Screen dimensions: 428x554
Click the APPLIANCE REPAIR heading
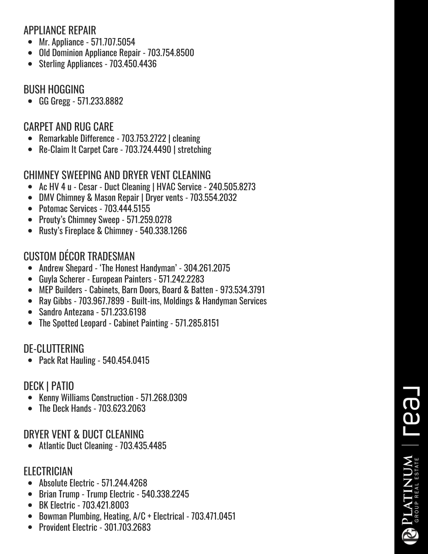click(x=60, y=30)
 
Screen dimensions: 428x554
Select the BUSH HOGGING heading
click(x=54, y=89)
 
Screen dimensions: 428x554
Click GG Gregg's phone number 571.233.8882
click(x=100, y=101)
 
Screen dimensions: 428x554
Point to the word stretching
click(x=194, y=150)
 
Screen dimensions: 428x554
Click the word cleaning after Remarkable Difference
click(x=186, y=138)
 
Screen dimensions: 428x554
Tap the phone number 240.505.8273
click(x=232, y=187)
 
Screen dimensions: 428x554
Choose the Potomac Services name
click(x=68, y=209)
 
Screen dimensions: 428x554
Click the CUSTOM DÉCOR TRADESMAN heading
click(x=79, y=256)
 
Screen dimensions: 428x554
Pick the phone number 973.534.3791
click(x=242, y=290)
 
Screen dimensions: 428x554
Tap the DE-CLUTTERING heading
click(x=54, y=348)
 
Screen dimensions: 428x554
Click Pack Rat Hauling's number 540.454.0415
click(x=126, y=360)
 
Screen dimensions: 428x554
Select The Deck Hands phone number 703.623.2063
click(x=122, y=408)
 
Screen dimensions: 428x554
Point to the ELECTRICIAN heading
click(x=48, y=471)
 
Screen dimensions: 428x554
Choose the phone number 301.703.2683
click(x=127, y=527)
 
